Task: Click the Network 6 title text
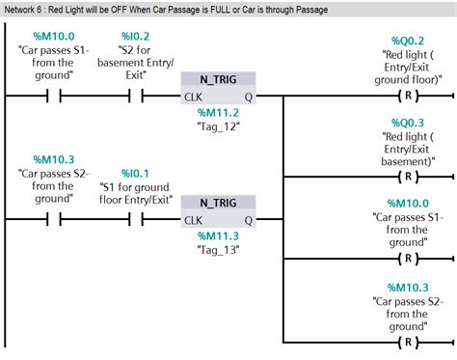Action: pos(166,10)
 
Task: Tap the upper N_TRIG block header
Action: pos(219,78)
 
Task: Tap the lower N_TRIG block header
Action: pos(219,203)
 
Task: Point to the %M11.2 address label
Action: pos(219,113)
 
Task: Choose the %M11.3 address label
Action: pos(219,236)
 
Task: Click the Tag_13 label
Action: pos(219,252)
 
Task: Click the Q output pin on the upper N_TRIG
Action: pos(249,96)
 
